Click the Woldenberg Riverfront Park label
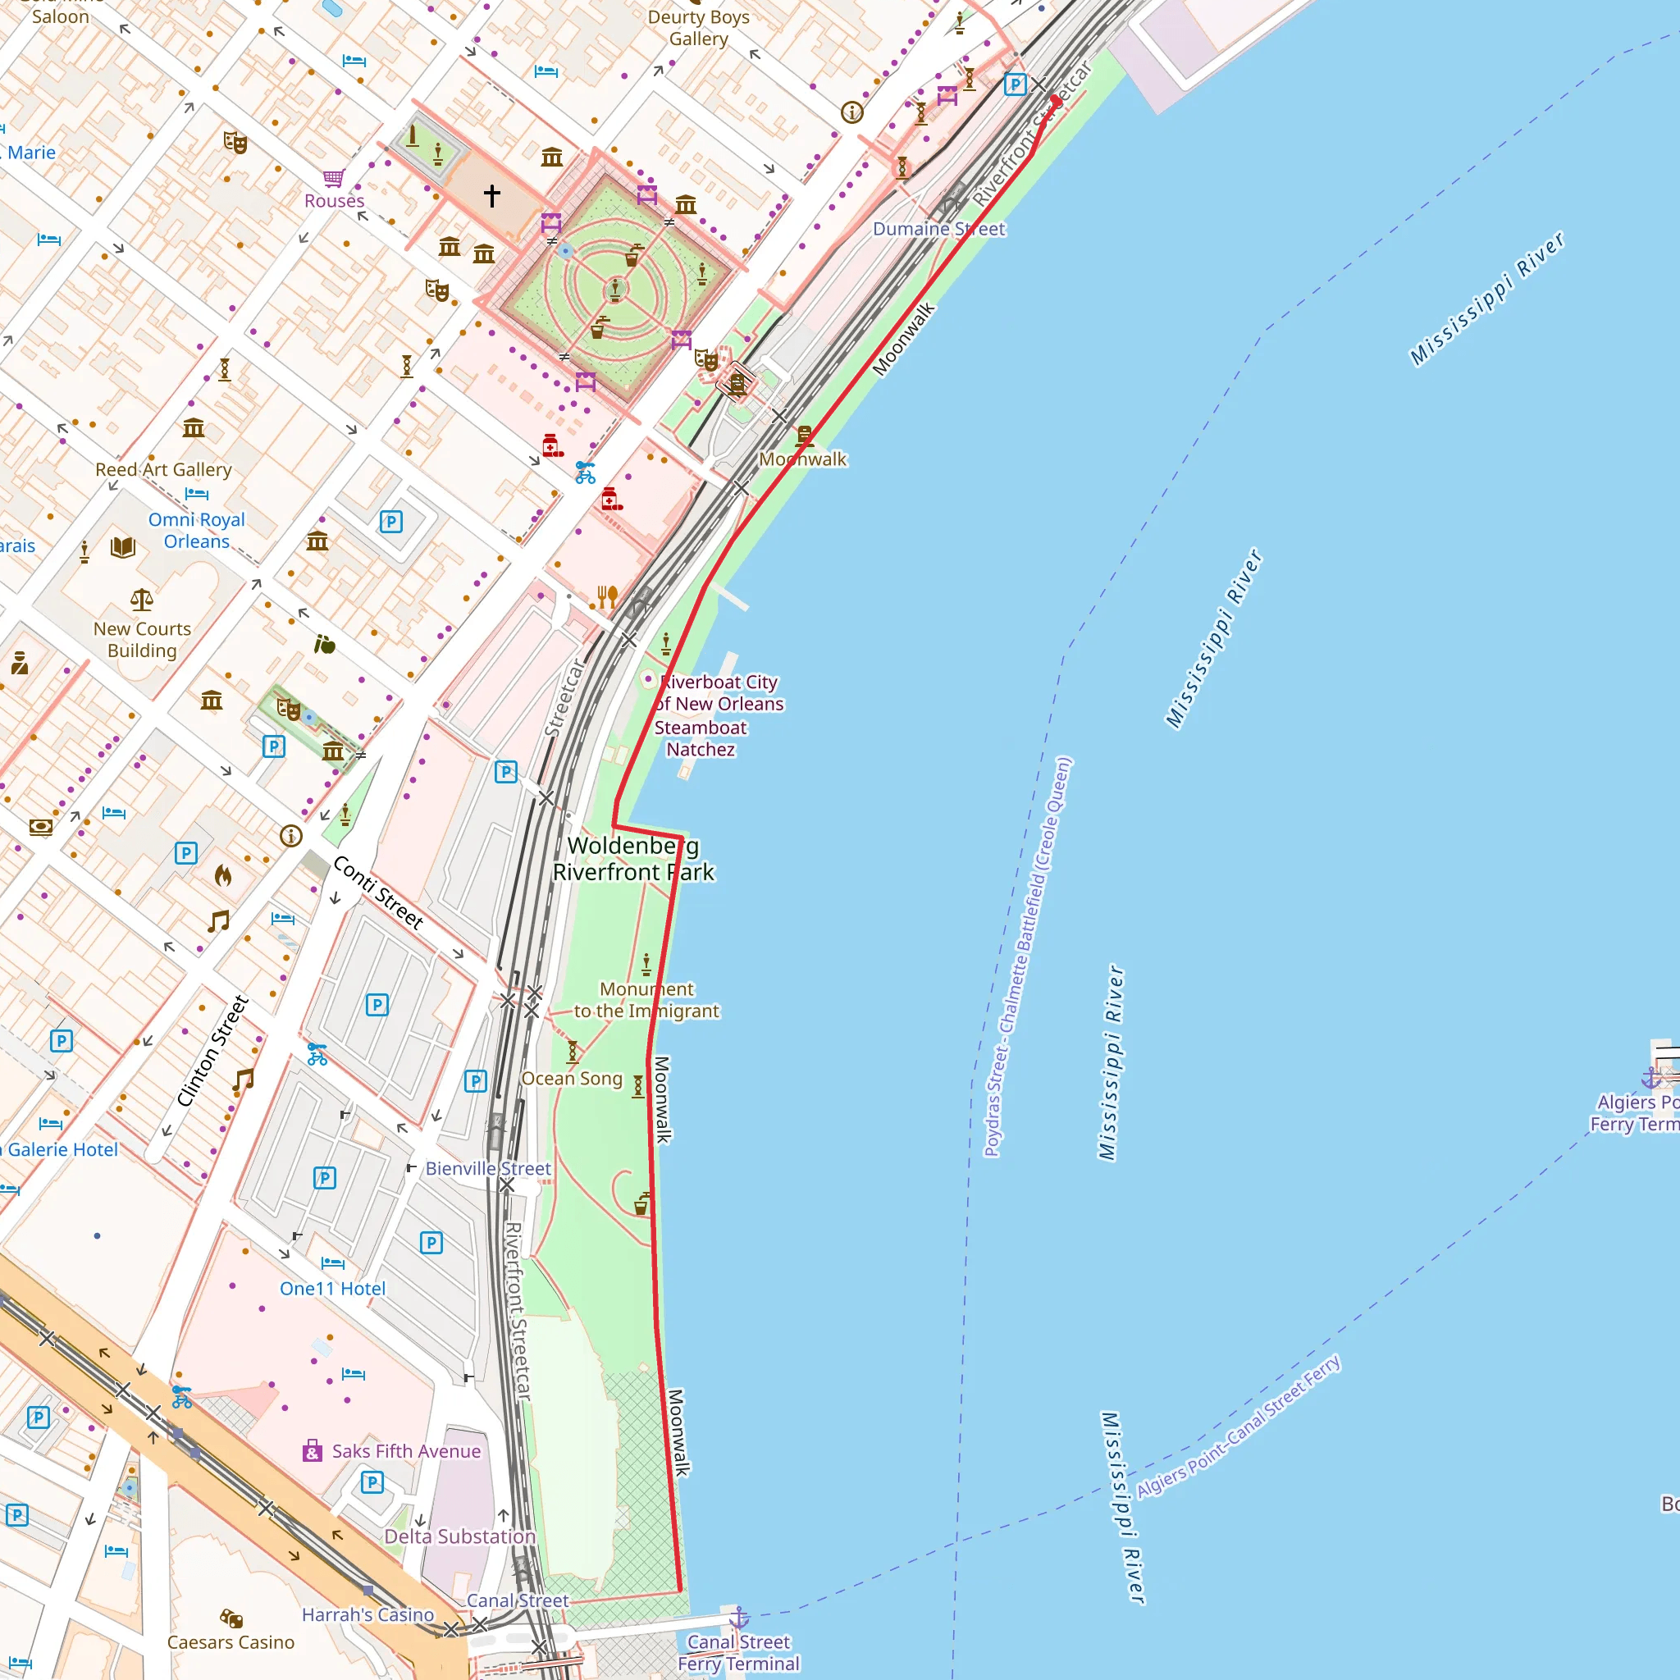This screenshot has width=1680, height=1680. tap(633, 858)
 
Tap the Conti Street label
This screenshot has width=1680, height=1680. tap(378, 892)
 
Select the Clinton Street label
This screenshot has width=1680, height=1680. tap(213, 1051)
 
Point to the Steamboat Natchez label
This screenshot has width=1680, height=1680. tap(700, 738)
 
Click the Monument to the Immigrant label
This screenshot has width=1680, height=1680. tap(646, 1000)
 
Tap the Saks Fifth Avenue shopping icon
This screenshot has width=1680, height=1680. tap(313, 1450)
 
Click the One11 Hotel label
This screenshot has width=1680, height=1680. tap(332, 1289)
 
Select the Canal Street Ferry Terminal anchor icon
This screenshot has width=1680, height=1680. tap(738, 1618)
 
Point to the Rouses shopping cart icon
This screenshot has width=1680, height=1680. tap(334, 178)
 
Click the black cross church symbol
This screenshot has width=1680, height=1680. tap(492, 196)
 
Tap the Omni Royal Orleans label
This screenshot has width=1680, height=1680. tap(197, 531)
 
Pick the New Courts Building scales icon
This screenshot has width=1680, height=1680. tap(142, 599)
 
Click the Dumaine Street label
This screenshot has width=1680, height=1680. tap(938, 229)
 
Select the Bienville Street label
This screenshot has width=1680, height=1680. tap(488, 1169)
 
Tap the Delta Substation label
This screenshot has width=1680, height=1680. tap(460, 1536)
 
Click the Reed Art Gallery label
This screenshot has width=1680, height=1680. tap(163, 469)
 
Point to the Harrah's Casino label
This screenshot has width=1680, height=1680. tap(367, 1614)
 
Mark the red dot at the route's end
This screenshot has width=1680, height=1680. tap(1056, 100)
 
